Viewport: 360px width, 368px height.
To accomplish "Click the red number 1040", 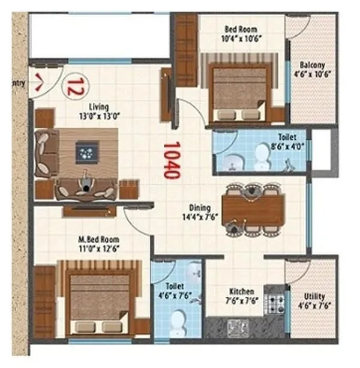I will [x=172, y=160].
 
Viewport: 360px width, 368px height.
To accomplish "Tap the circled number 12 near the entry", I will [x=74, y=85].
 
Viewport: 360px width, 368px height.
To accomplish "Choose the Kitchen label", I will [x=242, y=291].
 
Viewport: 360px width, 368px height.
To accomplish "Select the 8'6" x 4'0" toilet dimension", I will [x=286, y=145].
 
